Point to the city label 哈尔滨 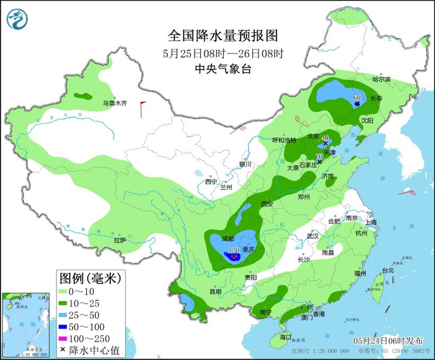(381, 80)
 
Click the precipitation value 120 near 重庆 (234, 251)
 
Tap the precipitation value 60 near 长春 (357, 98)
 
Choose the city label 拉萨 (120, 239)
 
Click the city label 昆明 (215, 291)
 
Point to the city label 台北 (387, 270)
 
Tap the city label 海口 (285, 336)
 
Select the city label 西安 (267, 204)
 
